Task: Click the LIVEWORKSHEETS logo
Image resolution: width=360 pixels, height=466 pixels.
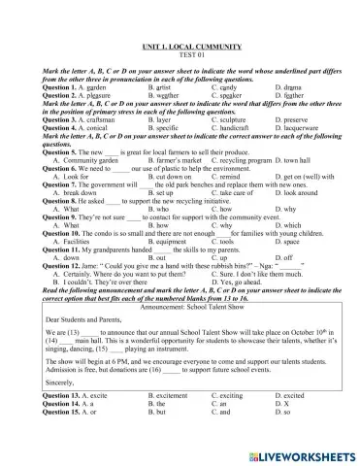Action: click(308, 452)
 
